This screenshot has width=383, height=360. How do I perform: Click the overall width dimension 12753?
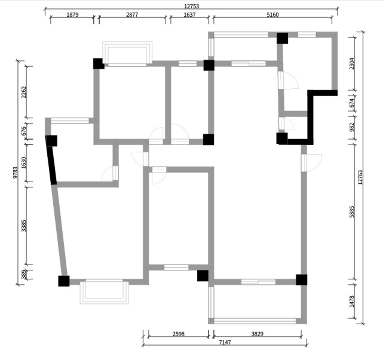pos(191,6)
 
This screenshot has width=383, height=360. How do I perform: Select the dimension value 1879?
pos(72,15)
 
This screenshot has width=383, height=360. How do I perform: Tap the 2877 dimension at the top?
pos(132,15)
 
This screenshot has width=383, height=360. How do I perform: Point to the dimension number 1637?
pos(189,15)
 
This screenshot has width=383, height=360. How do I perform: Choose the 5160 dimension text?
pos(272,15)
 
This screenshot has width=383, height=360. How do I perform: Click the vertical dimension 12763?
pos(360,177)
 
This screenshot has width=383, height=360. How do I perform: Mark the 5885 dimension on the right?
pos(352,211)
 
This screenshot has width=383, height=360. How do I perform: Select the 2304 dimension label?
pos(352,63)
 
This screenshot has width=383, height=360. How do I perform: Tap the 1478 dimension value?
pos(352,301)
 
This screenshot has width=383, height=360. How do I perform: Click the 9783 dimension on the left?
pos(15,173)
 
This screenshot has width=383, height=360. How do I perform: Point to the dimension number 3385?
pos(24,226)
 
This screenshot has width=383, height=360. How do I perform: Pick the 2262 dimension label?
pos(24,92)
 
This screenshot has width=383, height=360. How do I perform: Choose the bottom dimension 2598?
pos(179,334)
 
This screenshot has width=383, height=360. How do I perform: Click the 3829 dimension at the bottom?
pos(258,334)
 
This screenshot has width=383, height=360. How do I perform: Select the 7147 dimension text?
pos(225,342)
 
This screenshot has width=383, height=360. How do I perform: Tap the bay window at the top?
pos(127,54)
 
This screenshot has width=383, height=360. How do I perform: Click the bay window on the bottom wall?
pos(105,292)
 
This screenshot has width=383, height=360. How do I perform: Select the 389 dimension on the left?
pos(24,274)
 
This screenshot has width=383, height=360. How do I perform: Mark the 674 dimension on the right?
pos(352,103)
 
